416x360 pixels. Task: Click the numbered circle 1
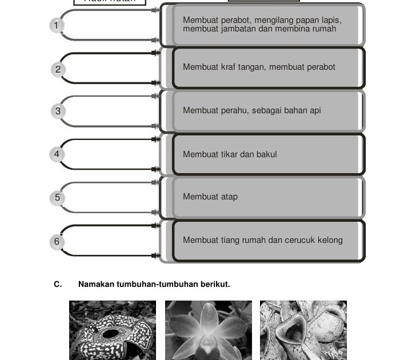tap(56, 25)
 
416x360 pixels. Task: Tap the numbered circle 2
tap(58, 70)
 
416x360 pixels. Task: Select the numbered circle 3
tap(58, 111)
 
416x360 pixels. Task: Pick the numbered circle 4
tap(56, 154)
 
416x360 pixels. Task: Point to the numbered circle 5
tap(57, 198)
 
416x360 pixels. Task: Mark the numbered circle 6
tap(56, 242)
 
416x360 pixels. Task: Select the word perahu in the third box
tap(234, 110)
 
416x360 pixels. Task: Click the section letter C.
tap(57, 284)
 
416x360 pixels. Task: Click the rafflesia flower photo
tap(112, 330)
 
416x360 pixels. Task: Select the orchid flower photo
tap(209, 330)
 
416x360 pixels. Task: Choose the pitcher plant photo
tap(303, 330)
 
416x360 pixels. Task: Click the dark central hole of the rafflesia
tap(111, 333)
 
